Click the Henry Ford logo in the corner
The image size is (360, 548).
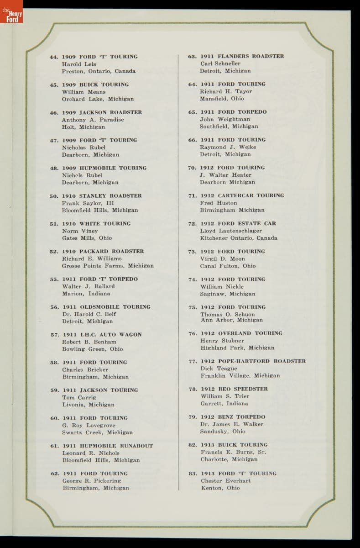11,16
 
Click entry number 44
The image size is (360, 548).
54,57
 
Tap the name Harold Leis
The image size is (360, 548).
78,64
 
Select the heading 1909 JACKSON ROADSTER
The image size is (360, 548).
102,112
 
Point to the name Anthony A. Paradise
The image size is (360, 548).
93,120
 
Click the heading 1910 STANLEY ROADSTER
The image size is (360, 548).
102,196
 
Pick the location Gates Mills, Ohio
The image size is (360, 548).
87,238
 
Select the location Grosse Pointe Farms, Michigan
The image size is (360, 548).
108,266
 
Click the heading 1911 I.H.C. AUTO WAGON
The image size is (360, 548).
102,335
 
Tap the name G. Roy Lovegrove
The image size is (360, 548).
89,425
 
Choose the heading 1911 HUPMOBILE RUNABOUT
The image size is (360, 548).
108,446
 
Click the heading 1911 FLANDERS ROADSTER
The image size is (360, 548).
242,56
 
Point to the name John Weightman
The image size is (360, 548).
225,119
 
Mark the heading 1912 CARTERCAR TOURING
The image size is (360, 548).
242,195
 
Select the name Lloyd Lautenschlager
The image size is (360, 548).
231,231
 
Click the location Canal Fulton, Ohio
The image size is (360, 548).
228,266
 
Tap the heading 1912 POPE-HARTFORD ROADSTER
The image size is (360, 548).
253,361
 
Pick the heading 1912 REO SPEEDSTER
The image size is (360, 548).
234,389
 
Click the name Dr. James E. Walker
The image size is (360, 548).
231,424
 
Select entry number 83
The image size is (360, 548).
193,474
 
